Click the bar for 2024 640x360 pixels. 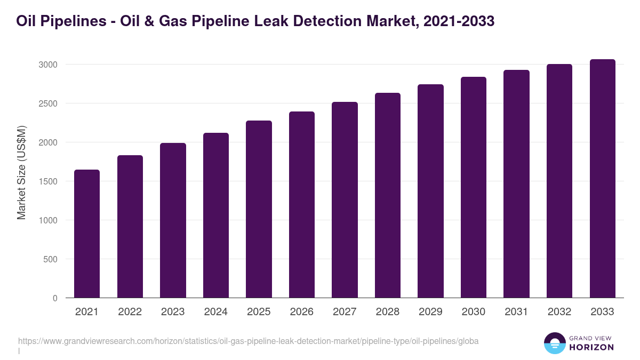(216, 215)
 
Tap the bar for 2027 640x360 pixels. (345, 200)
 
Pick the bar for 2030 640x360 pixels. (474, 187)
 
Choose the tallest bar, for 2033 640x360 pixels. (602, 179)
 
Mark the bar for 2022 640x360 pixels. (130, 227)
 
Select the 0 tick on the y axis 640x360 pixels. (55, 299)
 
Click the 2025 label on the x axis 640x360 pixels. (259, 312)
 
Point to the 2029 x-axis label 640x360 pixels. (430, 312)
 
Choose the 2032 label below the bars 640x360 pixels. (559, 312)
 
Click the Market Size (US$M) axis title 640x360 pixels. (21, 172)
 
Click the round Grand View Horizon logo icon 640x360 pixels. (554, 343)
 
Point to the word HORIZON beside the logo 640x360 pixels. (592, 347)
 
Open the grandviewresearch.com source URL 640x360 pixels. (248, 341)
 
